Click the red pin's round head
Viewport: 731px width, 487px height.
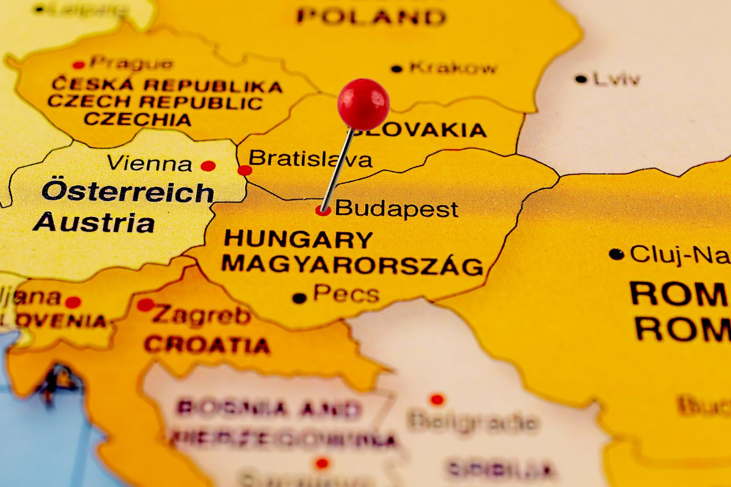click(363, 103)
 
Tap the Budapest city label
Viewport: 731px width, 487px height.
click(396, 208)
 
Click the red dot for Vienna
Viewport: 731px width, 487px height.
click(208, 166)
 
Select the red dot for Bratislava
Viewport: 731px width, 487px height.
click(245, 170)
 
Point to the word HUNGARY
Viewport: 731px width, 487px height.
click(298, 239)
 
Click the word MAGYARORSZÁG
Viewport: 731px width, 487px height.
click(352, 265)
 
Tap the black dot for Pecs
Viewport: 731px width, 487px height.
click(299, 298)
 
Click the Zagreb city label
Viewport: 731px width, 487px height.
click(201, 315)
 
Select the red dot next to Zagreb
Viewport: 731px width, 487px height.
click(146, 304)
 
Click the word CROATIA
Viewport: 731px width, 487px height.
click(207, 345)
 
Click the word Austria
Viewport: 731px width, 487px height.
click(94, 222)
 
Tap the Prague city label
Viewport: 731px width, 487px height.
click(131, 63)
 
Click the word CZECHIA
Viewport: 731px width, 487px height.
click(138, 119)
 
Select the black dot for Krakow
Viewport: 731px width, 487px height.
click(397, 69)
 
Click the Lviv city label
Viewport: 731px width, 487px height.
click(617, 79)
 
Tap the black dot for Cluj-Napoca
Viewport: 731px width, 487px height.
click(617, 254)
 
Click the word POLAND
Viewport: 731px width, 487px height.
click(371, 17)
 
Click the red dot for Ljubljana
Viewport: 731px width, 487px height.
click(73, 302)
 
